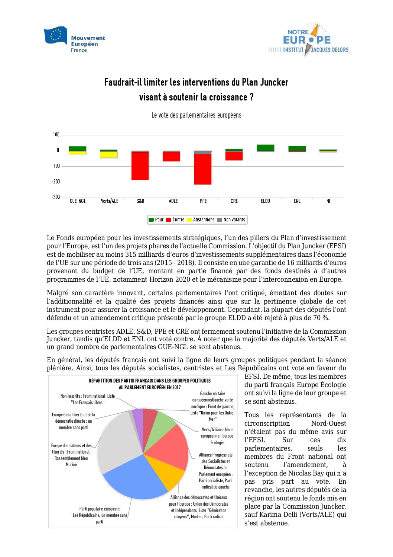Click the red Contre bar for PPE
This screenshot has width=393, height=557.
tap(203, 169)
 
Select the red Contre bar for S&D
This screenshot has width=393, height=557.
tap(140, 166)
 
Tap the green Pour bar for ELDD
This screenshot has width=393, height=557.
tap(266, 148)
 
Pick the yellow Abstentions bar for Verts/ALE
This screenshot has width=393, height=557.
tap(109, 155)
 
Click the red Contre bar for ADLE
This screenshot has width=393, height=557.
tap(171, 157)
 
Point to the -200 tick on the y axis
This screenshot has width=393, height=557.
tap(56, 182)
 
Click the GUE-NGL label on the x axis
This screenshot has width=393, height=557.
tap(78, 201)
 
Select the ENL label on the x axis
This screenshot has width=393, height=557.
tap(297, 201)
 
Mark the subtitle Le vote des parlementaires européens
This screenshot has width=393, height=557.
tap(196, 115)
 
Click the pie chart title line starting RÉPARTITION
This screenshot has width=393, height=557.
tap(150, 381)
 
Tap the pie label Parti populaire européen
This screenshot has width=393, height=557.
tap(100, 509)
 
